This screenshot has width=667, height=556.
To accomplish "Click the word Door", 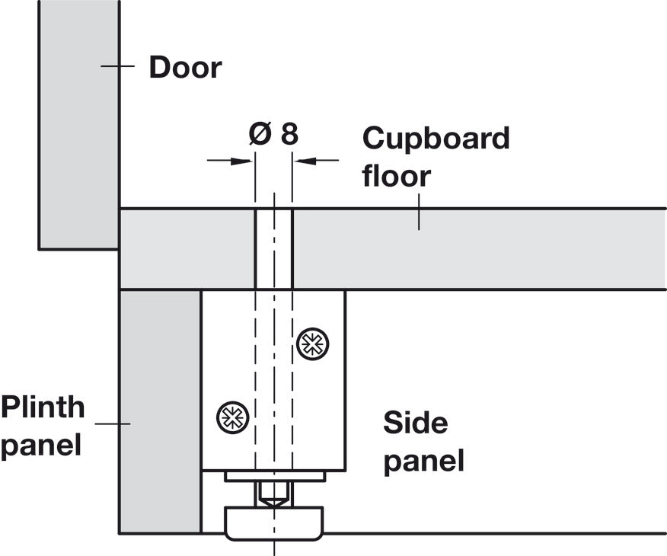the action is (186, 67).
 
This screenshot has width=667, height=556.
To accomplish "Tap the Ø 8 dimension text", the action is (273, 134).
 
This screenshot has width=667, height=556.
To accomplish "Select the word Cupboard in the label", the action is (436, 139).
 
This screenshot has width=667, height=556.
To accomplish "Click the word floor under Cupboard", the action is (397, 175).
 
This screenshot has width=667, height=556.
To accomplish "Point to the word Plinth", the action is (43, 407).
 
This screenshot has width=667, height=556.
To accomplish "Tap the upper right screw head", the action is (313, 344).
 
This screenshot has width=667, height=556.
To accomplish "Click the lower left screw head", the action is (232, 417).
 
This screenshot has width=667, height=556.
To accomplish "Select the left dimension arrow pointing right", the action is (230, 161).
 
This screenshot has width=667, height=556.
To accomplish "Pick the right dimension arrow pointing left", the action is (317, 161).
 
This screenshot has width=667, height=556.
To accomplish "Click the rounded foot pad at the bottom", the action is (274, 523).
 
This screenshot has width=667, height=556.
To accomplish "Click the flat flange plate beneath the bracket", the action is (275, 477).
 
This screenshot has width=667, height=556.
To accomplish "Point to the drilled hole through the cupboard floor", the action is (274, 249).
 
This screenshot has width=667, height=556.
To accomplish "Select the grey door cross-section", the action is (78, 124).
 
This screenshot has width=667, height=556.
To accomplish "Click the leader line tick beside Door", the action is (117, 66).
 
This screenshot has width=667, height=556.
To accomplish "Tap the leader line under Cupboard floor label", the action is (419, 212).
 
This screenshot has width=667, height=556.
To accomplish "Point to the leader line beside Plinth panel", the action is (112, 423).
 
